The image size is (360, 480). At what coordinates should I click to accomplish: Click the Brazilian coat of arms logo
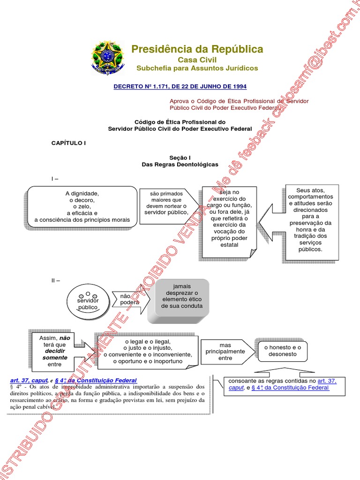[x=107, y=57]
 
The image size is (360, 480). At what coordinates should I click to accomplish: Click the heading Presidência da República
[x=197, y=49]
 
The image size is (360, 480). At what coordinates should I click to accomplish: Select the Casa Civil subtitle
[x=197, y=60]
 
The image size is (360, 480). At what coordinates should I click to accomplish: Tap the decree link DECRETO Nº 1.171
[x=180, y=87]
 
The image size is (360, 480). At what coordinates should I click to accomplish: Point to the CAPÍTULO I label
[x=68, y=143]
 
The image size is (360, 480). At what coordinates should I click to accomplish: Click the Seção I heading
[x=180, y=158]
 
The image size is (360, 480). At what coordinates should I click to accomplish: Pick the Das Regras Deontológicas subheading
[x=180, y=165]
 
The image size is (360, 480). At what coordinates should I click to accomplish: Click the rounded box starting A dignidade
[x=82, y=206]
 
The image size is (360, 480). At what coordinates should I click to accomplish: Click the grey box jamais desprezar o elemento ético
[x=181, y=296]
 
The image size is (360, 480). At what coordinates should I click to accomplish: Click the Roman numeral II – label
[x=56, y=280]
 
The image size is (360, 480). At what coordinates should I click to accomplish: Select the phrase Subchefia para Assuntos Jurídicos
[x=197, y=68]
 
